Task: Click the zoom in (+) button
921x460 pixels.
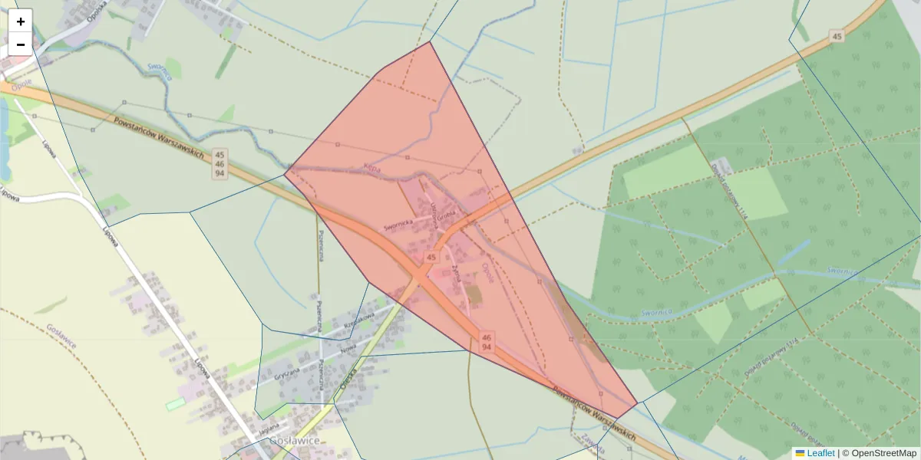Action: [x=21, y=21]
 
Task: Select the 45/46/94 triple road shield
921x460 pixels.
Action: [x=220, y=164]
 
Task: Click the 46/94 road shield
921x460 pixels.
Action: [x=487, y=342]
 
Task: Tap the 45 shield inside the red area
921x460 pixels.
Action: [x=431, y=257]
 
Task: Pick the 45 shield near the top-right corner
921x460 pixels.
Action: [x=837, y=37]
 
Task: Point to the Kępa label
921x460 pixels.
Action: [x=371, y=169]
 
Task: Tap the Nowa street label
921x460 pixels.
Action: [x=348, y=349]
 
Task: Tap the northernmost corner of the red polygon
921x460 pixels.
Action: [x=430, y=41]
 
